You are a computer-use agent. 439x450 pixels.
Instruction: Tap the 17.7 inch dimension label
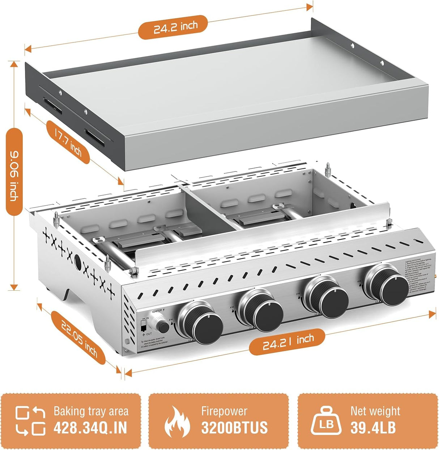coord(68,143)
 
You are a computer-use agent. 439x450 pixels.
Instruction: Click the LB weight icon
coord(327,421)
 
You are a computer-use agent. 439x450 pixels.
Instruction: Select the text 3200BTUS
coord(234,428)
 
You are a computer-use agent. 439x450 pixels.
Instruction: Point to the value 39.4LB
coord(373,428)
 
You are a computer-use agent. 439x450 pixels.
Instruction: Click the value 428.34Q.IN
coord(90,428)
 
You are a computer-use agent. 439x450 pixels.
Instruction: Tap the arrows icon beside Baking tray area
coord(30,421)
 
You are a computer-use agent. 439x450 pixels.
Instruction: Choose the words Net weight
coord(375,411)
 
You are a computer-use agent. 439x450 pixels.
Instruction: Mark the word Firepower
coord(224,411)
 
